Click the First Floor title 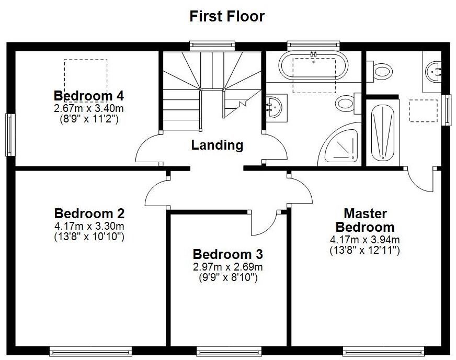(227, 16)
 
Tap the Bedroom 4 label (88, 96)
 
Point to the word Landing (217, 145)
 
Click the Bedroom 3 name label (227, 255)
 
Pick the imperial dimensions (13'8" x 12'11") (364, 251)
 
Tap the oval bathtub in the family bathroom (314, 66)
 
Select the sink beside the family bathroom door (275, 107)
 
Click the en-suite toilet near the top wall (381, 70)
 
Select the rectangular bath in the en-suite (382, 132)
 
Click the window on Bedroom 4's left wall (9, 134)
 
